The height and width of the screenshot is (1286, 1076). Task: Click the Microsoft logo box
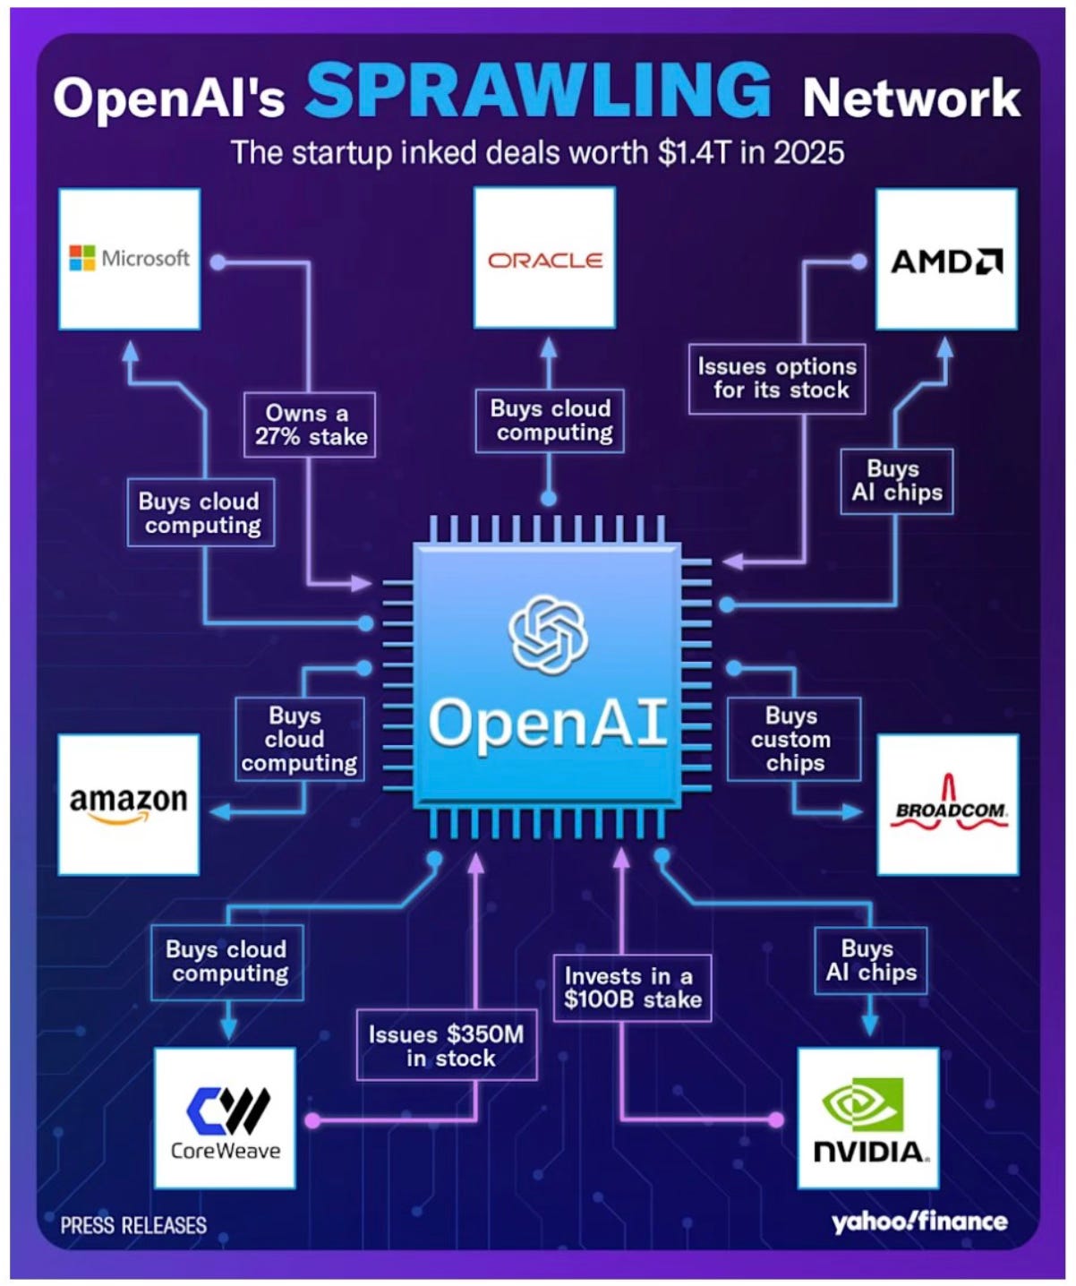click(129, 259)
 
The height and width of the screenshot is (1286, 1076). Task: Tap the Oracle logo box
click(544, 259)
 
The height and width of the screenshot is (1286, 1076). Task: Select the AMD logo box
click(946, 260)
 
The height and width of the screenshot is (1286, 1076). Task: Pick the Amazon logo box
click(128, 804)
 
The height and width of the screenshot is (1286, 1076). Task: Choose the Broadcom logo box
click(948, 804)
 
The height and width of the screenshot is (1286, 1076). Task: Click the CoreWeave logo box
click(225, 1119)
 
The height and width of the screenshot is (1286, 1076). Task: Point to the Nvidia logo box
click(868, 1119)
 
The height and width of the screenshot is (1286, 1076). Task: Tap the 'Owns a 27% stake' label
click(310, 424)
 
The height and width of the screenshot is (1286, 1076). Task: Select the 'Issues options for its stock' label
click(777, 378)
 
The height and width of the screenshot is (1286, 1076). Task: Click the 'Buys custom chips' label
click(793, 739)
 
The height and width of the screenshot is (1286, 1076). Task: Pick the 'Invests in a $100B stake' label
click(632, 988)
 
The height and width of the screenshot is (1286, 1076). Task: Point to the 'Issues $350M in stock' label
click(447, 1045)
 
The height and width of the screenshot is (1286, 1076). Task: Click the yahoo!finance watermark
click(919, 1222)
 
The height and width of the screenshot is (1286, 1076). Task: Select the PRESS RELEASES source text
click(133, 1225)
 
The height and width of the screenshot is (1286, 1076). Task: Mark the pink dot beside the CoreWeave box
click(312, 1119)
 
